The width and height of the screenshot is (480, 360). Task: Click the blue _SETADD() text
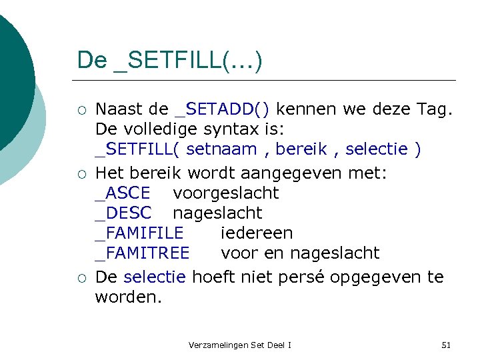pyautogui.click(x=221, y=108)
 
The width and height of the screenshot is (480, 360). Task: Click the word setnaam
pyautogui.click(x=221, y=149)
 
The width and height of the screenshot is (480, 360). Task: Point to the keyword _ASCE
pyautogui.click(x=123, y=193)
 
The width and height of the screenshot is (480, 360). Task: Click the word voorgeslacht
pyautogui.click(x=225, y=193)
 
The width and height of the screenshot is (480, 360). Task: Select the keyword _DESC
pyautogui.click(x=123, y=213)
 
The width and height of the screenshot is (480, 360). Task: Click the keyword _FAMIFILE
pyautogui.click(x=139, y=233)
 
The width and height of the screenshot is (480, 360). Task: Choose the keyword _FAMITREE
pyautogui.click(x=142, y=253)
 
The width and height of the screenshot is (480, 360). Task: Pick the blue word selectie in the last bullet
pyautogui.click(x=155, y=277)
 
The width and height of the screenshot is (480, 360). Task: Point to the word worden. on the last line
pyautogui.click(x=128, y=297)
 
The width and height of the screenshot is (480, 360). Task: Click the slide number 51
pyautogui.click(x=446, y=345)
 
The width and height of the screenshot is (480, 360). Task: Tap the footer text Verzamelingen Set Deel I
pyautogui.click(x=240, y=345)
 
